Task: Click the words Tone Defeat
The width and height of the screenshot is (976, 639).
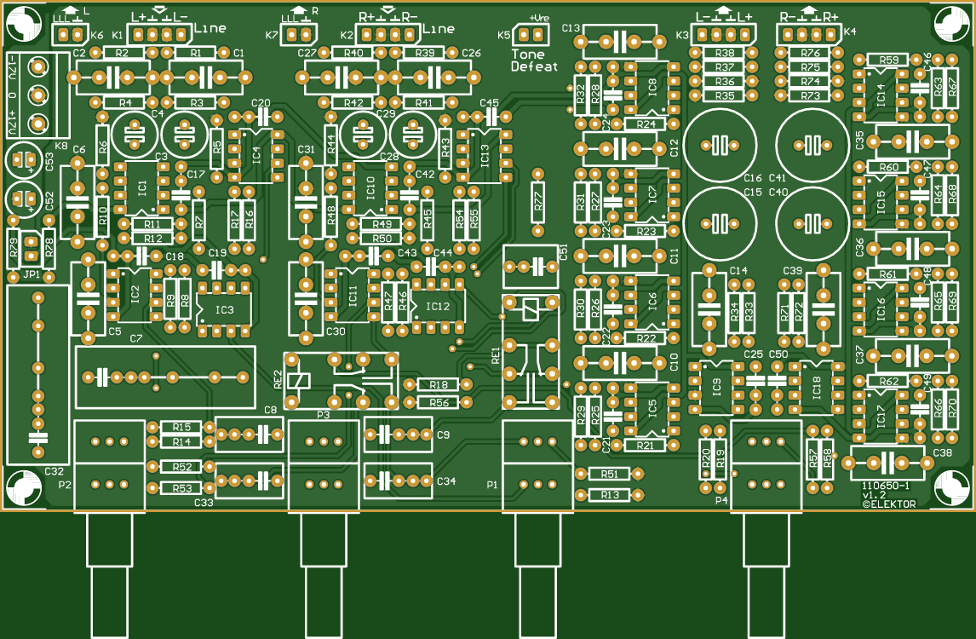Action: coord(534,60)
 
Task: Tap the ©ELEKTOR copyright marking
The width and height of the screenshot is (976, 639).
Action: coord(888,504)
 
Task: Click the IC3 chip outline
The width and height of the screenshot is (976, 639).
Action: coord(225,309)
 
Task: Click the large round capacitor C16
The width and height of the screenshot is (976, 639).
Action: coord(721,146)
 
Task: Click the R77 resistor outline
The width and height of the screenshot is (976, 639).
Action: coord(537,202)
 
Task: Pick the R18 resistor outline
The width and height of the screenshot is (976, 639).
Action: coord(439,385)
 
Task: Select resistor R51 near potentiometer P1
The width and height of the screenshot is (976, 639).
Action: coord(609,474)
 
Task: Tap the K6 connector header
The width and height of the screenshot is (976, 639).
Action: coord(72,35)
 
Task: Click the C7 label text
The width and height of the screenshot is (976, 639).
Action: coord(136,339)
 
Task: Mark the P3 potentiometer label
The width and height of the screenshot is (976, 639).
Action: coord(323,414)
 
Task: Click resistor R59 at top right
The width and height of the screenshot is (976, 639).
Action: coord(888,60)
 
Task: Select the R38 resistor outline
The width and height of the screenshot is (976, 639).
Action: coord(725,53)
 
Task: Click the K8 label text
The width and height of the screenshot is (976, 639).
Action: coord(61,146)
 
